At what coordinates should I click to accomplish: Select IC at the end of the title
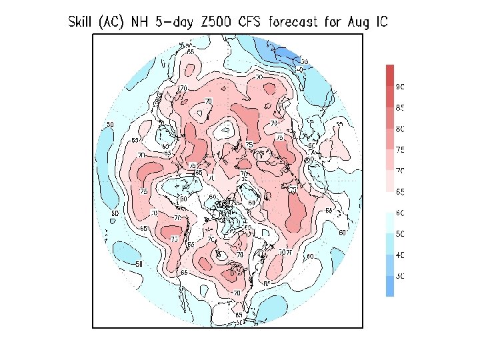[x=379, y=22]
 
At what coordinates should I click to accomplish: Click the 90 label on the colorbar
[x=401, y=87]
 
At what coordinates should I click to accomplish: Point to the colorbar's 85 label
[x=401, y=107]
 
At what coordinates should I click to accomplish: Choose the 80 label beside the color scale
[x=401, y=129]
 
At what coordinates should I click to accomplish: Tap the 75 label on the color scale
[x=401, y=150]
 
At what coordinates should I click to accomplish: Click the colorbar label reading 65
[x=401, y=192]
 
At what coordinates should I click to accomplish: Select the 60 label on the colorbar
[x=401, y=213]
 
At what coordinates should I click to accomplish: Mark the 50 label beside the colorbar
[x=401, y=234]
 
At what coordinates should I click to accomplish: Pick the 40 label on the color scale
[x=401, y=255]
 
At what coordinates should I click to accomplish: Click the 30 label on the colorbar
[x=401, y=276]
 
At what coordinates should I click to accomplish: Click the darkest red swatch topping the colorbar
[x=389, y=75]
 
